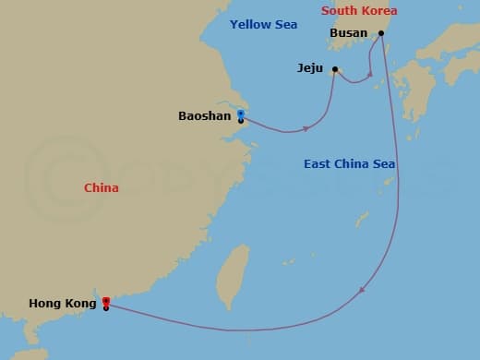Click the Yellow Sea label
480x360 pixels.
point(263,24)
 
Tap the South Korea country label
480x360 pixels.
point(359,11)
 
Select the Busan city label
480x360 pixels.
point(348,33)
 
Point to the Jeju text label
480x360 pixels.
point(310,68)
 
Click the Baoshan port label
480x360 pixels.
point(204,116)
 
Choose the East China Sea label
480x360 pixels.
point(349,164)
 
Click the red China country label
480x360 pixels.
point(101,188)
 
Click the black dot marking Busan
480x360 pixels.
point(380,33)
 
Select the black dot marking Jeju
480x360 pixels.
point(335,68)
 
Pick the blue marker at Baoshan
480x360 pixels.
point(241,114)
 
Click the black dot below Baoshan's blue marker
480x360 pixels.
point(241,121)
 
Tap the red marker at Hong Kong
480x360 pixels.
point(106,301)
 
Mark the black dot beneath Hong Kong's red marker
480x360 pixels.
point(106,307)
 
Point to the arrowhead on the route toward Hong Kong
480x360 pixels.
point(362,291)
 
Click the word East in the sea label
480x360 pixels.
point(318,164)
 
